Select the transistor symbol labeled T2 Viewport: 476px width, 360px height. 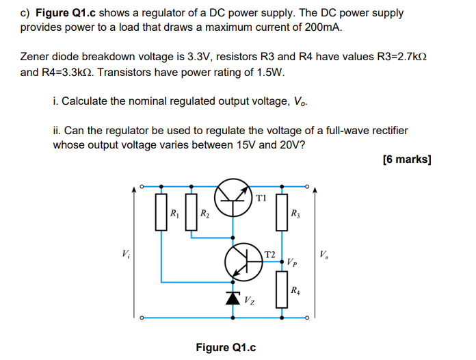tap(244, 260)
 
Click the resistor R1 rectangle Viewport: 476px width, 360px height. tap(161, 214)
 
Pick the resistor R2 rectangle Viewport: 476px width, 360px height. tap(191, 214)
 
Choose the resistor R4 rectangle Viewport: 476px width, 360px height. tap(279, 289)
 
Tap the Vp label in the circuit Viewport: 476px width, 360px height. tap(292, 261)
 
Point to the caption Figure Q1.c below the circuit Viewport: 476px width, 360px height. tap(226, 347)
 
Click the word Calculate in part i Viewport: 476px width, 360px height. tap(84, 101)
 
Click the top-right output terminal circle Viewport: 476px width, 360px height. tap(308, 185)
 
